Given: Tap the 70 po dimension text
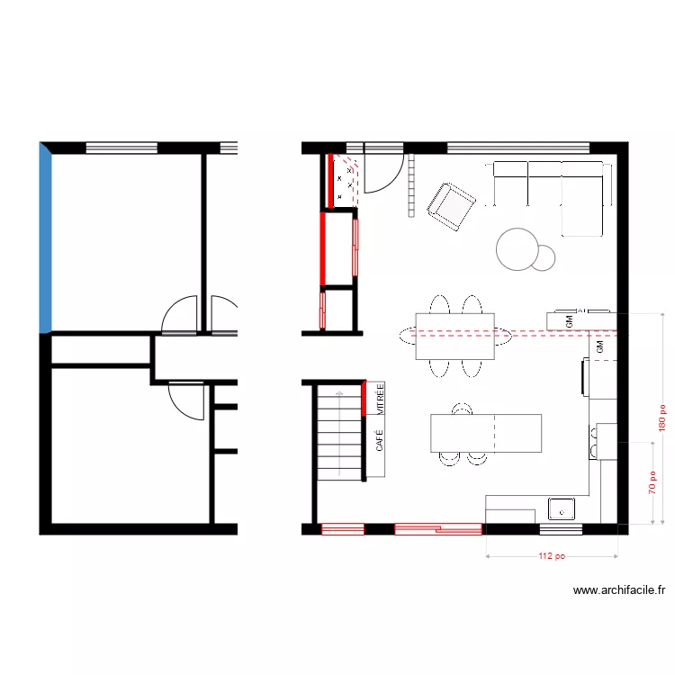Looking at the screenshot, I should [x=651, y=484].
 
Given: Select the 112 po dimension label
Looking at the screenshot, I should [x=552, y=556].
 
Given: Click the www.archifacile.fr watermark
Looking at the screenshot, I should [x=619, y=591].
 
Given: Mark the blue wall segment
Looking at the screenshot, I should [x=46, y=238].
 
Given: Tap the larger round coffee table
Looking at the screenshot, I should [x=517, y=248].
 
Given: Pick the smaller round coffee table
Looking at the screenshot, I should [x=544, y=258].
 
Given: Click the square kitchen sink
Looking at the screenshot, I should [x=562, y=509].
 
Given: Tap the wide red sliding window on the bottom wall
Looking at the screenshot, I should [x=437, y=529].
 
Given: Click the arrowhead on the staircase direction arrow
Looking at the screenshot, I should [x=339, y=393].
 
